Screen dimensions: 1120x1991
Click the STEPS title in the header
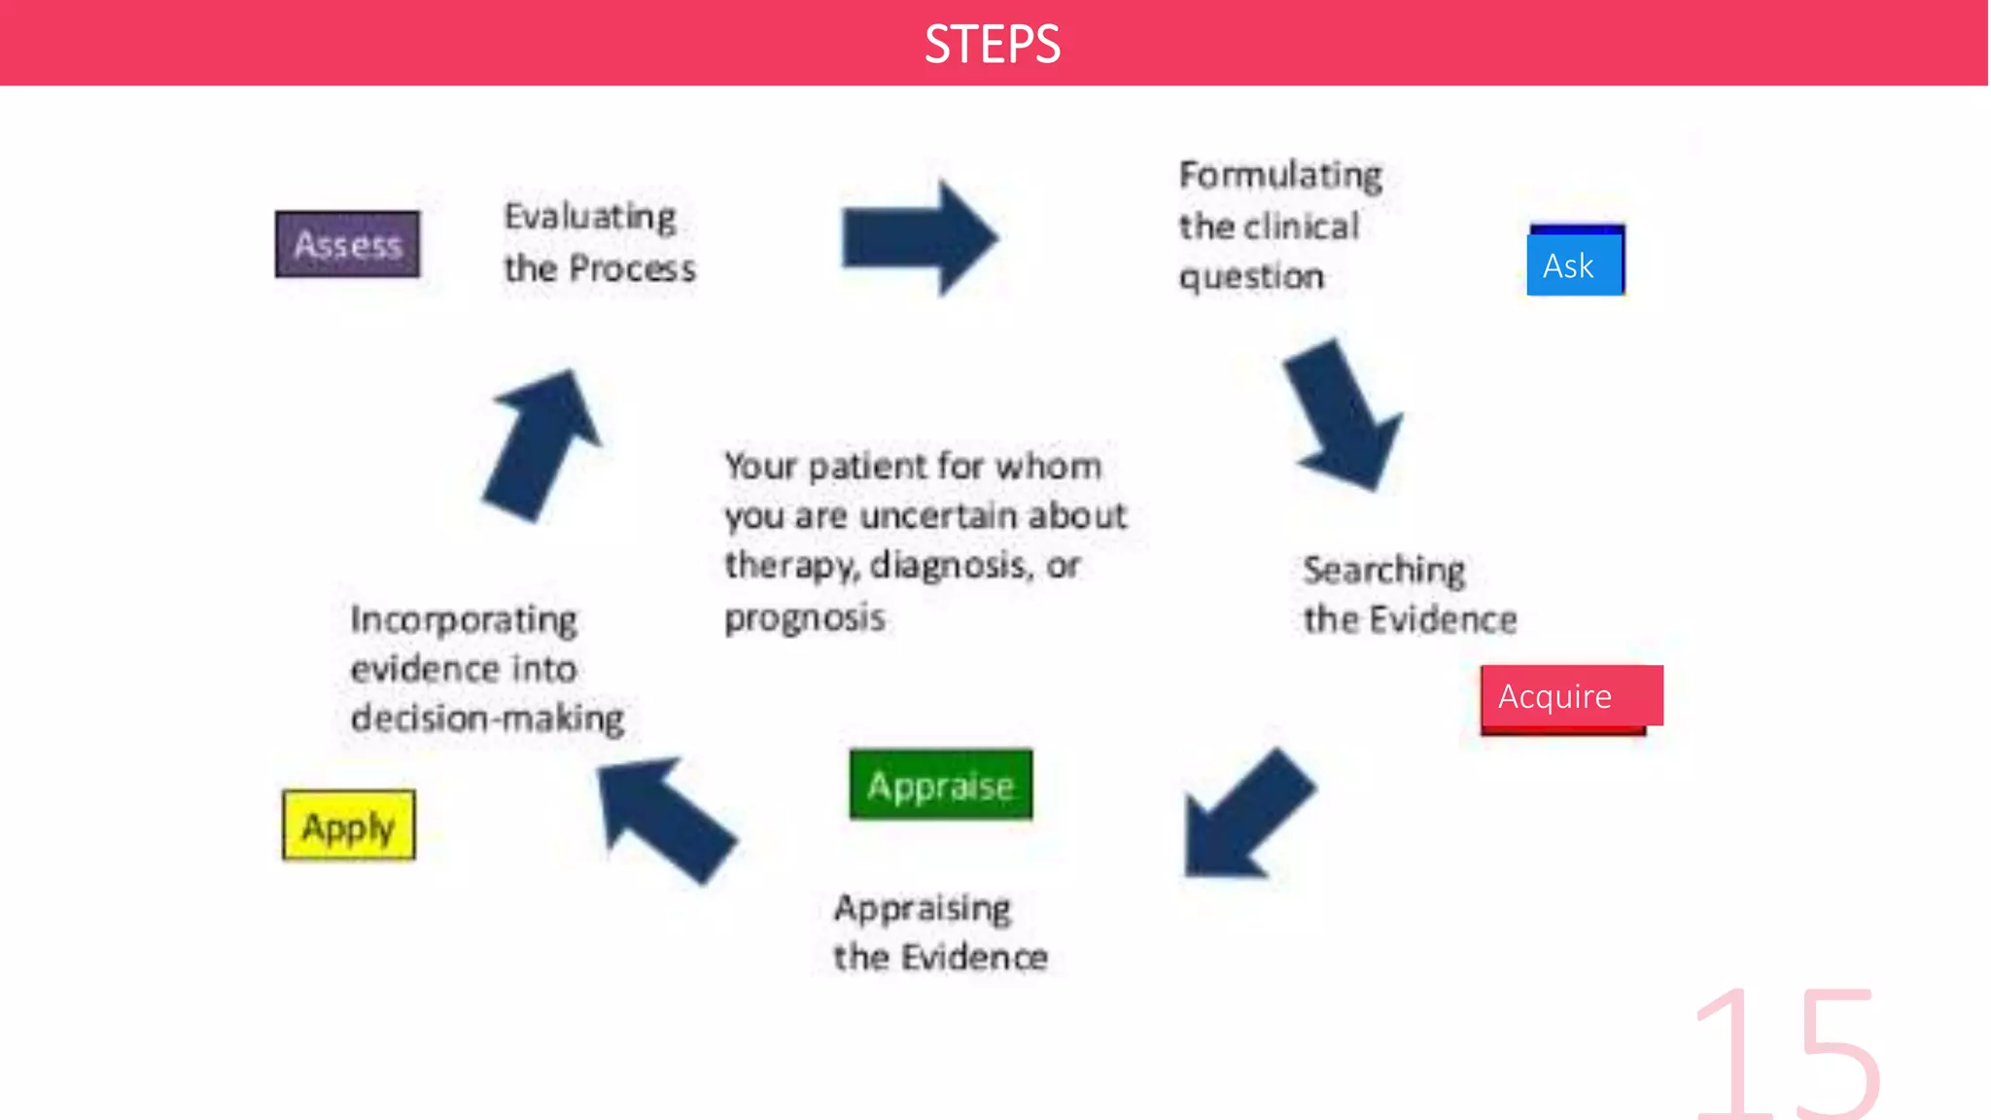click(x=992, y=45)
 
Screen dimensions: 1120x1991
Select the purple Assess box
click(x=347, y=244)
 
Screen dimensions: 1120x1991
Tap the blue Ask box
click(x=1574, y=263)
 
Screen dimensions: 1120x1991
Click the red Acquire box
click(x=1570, y=696)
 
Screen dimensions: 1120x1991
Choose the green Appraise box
click(x=940, y=785)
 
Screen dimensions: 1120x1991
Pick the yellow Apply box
click(x=348, y=825)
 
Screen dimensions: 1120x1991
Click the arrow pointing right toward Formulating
click(x=919, y=237)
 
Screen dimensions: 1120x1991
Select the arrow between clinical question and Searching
click(x=1343, y=414)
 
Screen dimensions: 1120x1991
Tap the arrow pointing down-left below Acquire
click(x=1248, y=815)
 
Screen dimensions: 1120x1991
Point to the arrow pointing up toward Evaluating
click(x=542, y=445)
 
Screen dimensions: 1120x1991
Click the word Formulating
click(x=1280, y=176)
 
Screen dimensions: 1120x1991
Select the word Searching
click(x=1383, y=571)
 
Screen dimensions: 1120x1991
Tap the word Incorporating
click(x=464, y=620)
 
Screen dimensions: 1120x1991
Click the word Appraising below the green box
click(x=922, y=909)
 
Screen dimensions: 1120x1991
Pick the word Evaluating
click(x=589, y=217)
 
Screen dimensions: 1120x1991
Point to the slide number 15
click(x=1787, y=1054)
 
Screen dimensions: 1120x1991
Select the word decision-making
click(x=487, y=718)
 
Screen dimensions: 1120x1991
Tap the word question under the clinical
click(x=1251, y=277)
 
